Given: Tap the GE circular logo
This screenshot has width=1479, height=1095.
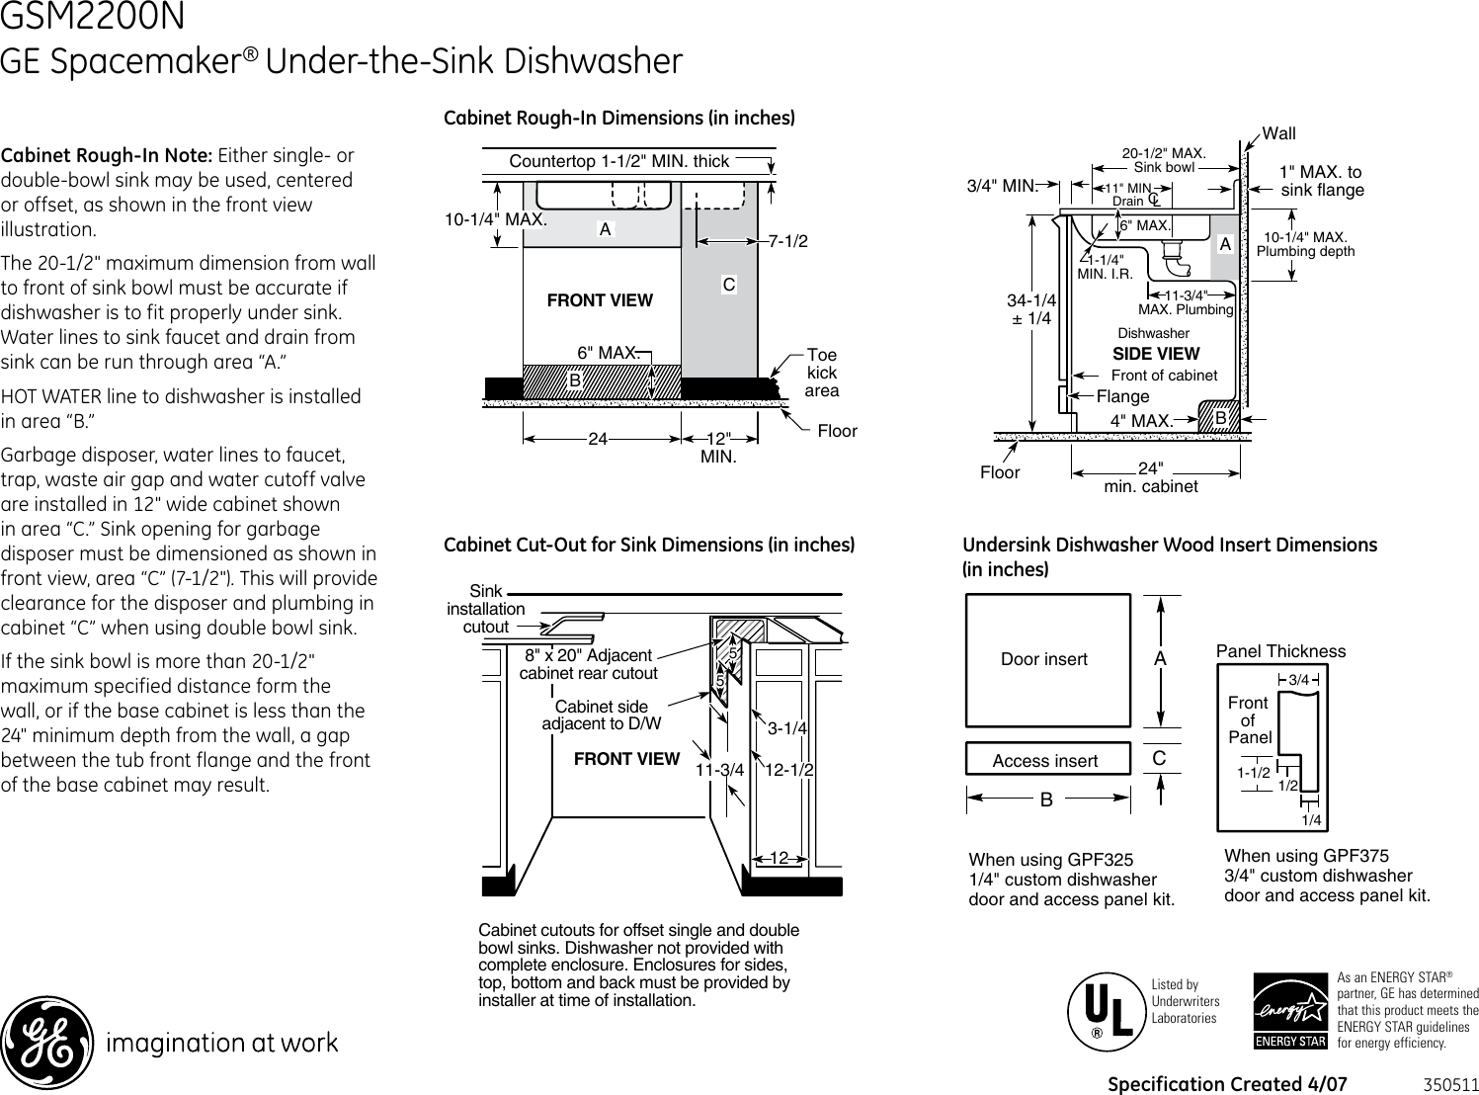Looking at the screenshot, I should pos(47,1042).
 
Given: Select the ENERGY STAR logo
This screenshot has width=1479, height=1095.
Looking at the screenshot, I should pos(1290,1012).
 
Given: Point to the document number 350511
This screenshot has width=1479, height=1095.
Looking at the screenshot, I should pos(1450,1084).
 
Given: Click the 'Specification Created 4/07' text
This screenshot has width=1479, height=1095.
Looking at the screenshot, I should pos(1227,1084).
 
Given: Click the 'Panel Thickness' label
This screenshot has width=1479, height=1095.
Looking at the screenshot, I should pos(1280,651).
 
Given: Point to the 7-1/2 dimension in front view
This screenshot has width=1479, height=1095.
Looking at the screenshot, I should pos(787,241).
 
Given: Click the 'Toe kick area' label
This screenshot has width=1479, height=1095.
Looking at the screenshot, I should pos(821,373).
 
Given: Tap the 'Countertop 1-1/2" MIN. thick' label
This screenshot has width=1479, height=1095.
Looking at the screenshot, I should pos(618,161).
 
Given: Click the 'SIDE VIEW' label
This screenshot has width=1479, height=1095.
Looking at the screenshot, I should pos(1155,354).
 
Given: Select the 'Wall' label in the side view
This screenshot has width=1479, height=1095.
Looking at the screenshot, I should pos(1279,133).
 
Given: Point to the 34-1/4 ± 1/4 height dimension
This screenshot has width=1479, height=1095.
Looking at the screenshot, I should pos(1031,309).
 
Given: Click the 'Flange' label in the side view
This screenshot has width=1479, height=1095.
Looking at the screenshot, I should pos(1123,396).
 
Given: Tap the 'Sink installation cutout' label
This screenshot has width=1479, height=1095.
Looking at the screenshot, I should pos(486,609).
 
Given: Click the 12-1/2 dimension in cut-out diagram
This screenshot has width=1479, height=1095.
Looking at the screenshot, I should pos(789,770).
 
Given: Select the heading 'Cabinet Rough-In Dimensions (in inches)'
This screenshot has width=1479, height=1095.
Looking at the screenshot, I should pos(618,119).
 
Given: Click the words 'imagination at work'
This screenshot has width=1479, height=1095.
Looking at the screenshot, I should pos(222,1043).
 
